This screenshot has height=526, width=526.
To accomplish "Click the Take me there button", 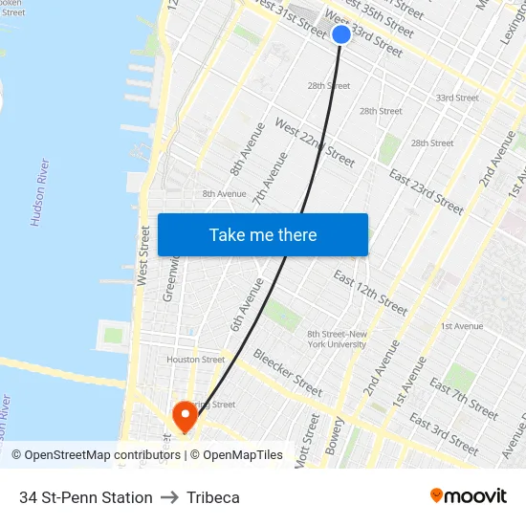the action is tap(263, 235).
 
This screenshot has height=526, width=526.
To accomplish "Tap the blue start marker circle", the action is tap(341, 34).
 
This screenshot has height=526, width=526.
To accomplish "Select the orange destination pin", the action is tap(184, 416).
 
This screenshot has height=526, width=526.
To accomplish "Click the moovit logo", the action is tap(468, 495).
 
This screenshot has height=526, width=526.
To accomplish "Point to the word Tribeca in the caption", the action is tap(213, 497).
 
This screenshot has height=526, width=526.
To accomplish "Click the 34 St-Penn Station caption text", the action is tap(86, 497).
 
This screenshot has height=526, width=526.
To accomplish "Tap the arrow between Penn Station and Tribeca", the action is tap(170, 497).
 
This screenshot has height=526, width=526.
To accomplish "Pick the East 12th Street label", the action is tap(369, 292).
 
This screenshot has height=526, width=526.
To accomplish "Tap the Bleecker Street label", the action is tap(287, 372).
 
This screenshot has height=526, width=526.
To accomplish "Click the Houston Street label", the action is tap(195, 360).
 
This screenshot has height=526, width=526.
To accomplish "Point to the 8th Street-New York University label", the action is tap(337, 339).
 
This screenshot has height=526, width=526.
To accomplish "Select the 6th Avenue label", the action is tap(247, 305).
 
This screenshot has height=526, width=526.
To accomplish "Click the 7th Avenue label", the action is tap(271, 180).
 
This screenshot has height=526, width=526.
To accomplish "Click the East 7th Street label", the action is tap(464, 399).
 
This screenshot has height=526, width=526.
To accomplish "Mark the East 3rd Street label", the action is tap(443, 433).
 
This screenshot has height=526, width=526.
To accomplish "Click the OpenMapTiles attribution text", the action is tap(243, 455).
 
